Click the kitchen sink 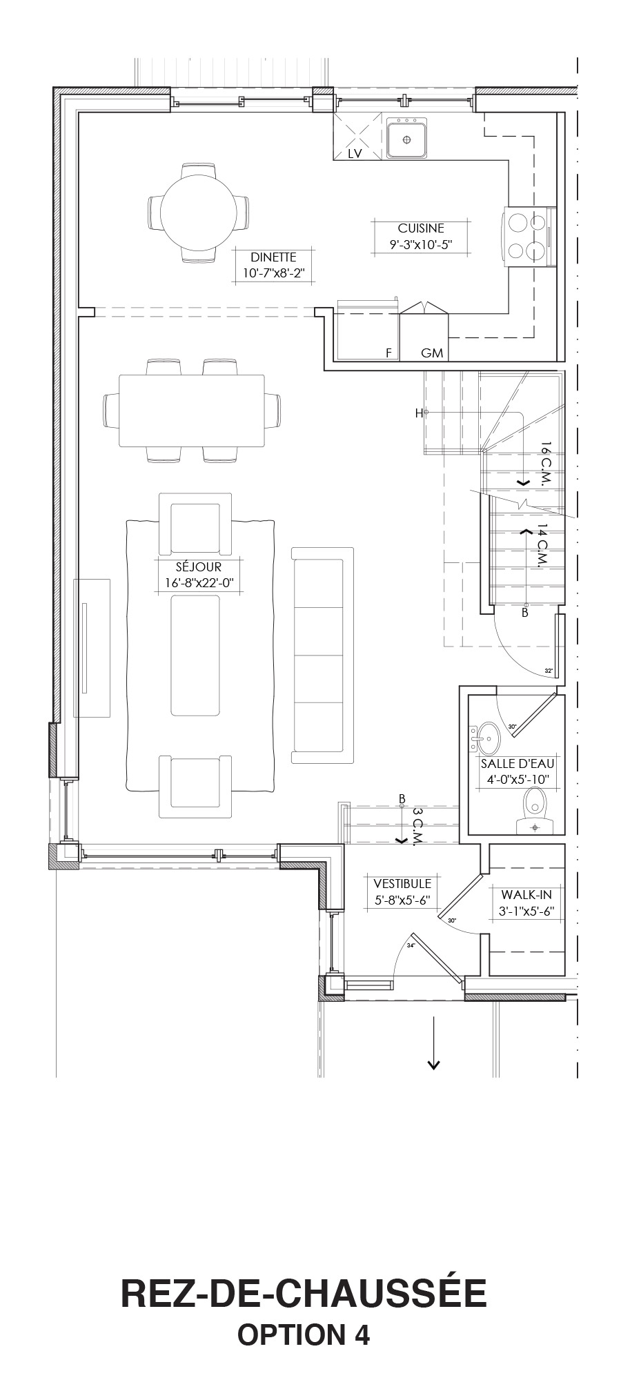point(406,138)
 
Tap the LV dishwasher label point(355,154)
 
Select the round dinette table point(198,212)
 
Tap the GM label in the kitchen point(432,353)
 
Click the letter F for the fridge point(388,353)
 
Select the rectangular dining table point(192,411)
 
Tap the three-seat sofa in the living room point(322,655)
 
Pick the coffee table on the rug point(195,656)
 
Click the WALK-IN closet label point(526,895)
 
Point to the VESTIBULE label point(402,883)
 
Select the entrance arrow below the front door point(433,1043)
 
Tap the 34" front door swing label point(412,945)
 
